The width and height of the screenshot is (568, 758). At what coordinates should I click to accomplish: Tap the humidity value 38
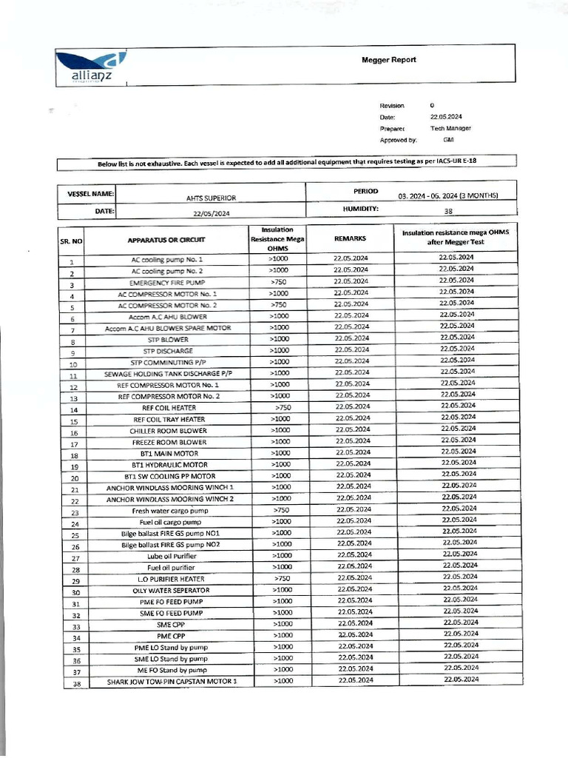point(448,211)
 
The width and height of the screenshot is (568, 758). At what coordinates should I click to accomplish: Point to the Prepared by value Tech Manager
point(451,128)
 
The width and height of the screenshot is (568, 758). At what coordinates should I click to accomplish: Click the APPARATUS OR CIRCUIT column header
point(166,240)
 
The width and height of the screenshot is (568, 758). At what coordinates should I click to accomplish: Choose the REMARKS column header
point(350,239)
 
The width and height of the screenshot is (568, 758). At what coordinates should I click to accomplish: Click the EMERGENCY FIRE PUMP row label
point(166,283)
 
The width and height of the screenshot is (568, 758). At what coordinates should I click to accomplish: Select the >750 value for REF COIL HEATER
point(282,407)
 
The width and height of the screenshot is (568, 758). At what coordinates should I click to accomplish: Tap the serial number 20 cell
point(73,478)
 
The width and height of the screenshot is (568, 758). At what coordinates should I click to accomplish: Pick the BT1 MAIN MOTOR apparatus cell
point(166,453)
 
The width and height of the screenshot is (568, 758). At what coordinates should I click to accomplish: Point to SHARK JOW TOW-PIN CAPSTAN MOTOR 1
point(172,681)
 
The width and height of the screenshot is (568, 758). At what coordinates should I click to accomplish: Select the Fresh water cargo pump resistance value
point(281,510)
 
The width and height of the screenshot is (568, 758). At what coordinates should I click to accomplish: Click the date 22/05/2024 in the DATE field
point(212,212)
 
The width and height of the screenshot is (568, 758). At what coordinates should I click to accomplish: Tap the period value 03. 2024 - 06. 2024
point(448,195)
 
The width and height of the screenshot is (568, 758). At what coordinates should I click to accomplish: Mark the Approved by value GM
point(448,139)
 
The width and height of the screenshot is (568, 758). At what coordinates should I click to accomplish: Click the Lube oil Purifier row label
point(163,555)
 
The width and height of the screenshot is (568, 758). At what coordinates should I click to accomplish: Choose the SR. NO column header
point(71,241)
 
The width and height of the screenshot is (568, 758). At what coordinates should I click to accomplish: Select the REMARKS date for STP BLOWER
point(351,338)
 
